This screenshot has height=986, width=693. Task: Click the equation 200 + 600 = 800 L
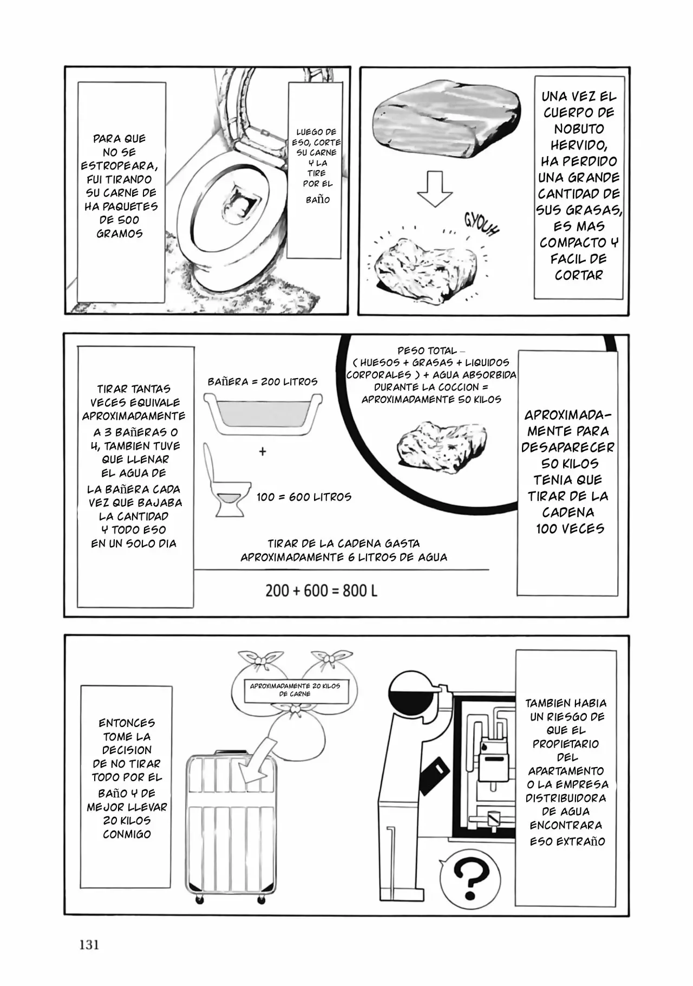[321, 591]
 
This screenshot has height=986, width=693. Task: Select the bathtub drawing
[263, 414]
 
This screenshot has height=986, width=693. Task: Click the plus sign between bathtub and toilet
[263, 451]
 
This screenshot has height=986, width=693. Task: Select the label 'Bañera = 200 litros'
[263, 381]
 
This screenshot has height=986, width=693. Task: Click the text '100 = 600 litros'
[304, 497]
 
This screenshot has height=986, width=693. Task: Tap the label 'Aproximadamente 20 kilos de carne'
[295, 690]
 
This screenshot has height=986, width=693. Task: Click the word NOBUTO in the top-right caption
[578, 129]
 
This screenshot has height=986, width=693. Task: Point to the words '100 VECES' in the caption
[570, 529]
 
